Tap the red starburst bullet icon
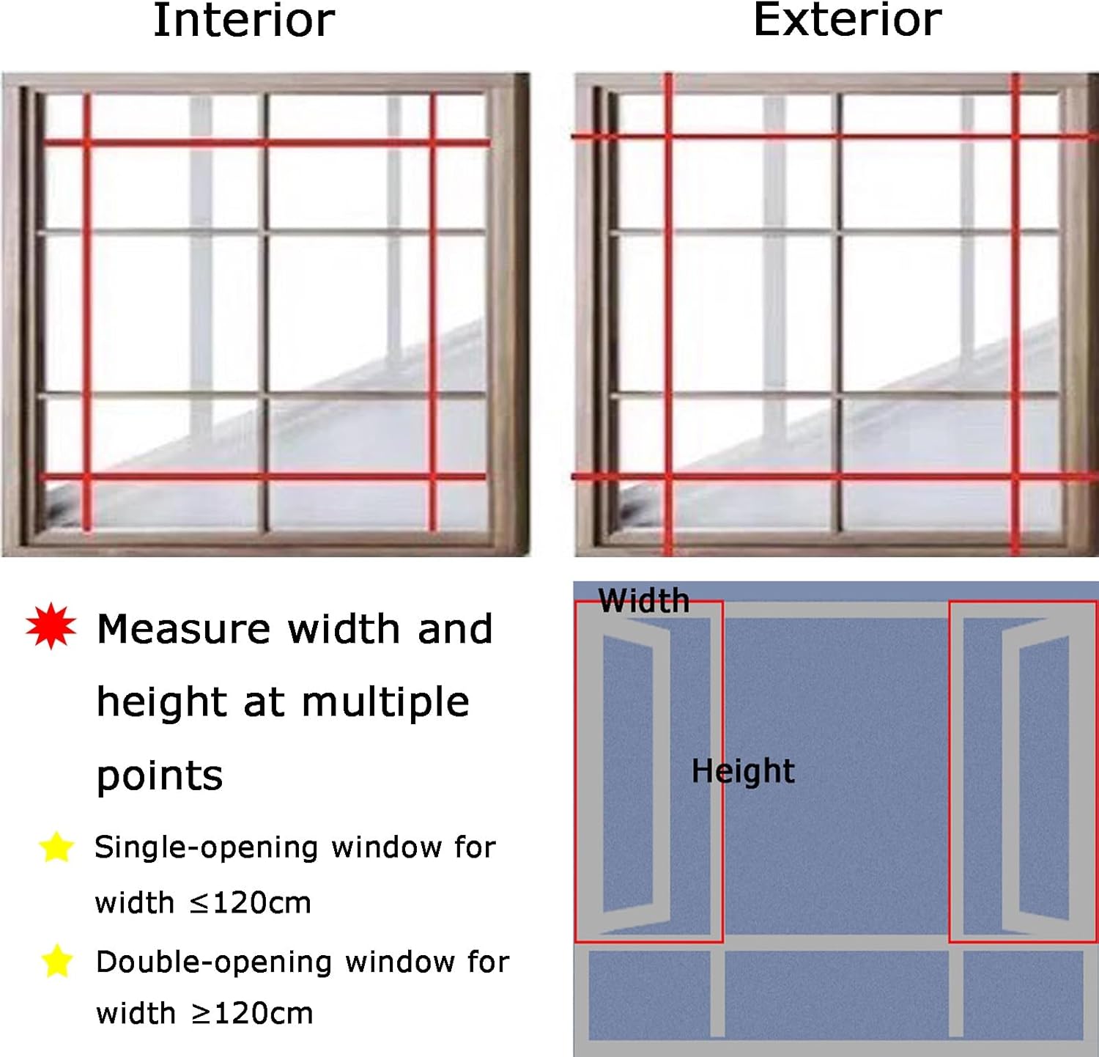[x=51, y=627]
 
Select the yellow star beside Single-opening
[x=56, y=847]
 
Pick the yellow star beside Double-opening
[x=57, y=961]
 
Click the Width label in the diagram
[x=643, y=601]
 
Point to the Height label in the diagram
[x=742, y=771]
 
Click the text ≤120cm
[x=250, y=903]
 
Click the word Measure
[x=183, y=629]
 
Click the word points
[x=159, y=776]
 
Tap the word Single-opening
[x=206, y=847]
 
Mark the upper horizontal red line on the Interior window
[x=266, y=143]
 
